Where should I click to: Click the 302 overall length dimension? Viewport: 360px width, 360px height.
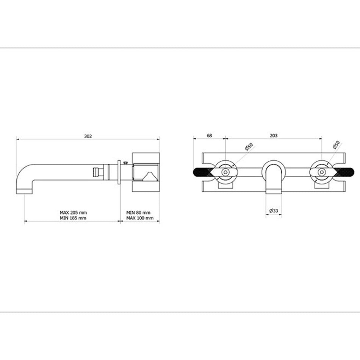point(88,136)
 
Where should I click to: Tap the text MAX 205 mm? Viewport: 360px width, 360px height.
point(73,213)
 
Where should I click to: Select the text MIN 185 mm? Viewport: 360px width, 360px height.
point(73,218)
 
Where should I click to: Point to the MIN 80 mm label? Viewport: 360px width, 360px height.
point(138,213)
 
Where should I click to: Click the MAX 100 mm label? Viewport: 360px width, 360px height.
point(140,218)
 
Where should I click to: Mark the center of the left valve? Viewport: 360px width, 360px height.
point(225,172)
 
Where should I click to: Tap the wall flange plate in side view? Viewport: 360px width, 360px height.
point(120,172)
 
